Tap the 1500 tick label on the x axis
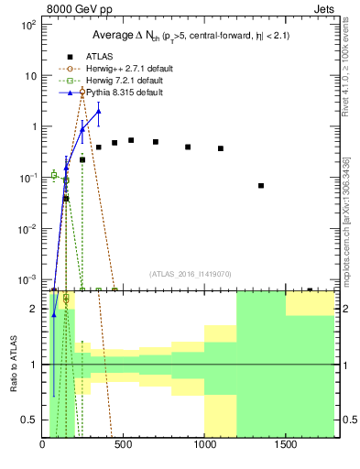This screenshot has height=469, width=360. pos(285,445)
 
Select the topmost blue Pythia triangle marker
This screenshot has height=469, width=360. pos(98,111)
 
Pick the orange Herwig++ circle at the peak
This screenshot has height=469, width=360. pos(82,92)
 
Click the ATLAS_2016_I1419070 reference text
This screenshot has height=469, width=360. pos(190,273)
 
